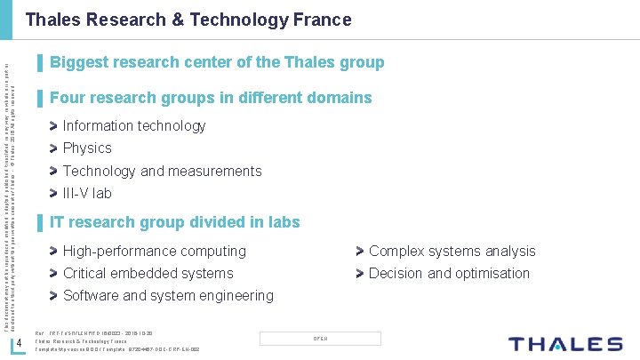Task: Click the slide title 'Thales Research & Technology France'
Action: [188, 20]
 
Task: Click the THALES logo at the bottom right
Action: [564, 344]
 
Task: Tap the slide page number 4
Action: [31, 345]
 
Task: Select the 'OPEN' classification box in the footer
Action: [321, 339]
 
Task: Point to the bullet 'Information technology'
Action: [134, 126]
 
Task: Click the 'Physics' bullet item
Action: [87, 148]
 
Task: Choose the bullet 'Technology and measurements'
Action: [162, 171]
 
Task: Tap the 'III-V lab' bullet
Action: [87, 193]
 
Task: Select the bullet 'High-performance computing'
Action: [154, 252]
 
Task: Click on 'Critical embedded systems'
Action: [148, 274]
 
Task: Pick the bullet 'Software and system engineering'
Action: [168, 295]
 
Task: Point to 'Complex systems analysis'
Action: [452, 252]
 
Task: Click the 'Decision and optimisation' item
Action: [449, 274]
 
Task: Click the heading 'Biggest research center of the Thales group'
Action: [217, 62]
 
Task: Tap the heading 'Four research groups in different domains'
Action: [211, 98]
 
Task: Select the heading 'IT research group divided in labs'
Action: [175, 222]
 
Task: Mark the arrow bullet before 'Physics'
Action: [55, 148]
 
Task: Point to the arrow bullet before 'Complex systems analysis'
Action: [361, 252]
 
